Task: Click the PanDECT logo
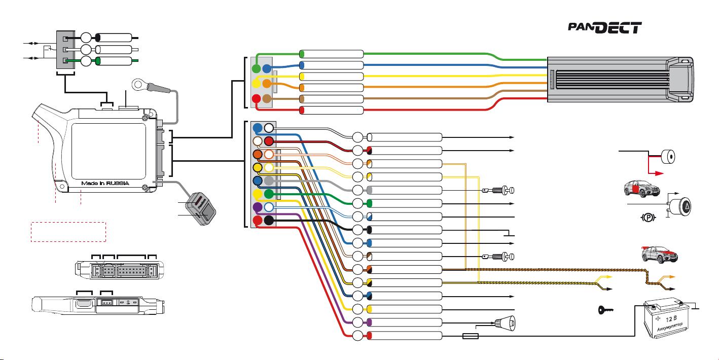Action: [x=605, y=27]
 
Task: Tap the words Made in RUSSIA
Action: [x=105, y=183]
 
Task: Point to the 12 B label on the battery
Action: [x=671, y=319]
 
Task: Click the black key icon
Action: [x=606, y=310]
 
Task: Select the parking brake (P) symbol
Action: [x=648, y=218]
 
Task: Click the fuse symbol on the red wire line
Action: [x=471, y=336]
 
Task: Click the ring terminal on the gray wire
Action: [x=138, y=84]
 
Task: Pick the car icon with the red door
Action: [x=641, y=189]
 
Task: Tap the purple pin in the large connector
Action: [x=258, y=207]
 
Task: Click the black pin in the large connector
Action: [x=269, y=220]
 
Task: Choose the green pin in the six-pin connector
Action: [x=256, y=68]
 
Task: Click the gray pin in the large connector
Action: [x=269, y=181]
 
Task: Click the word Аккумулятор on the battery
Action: [x=672, y=327]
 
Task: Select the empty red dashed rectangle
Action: [x=68, y=232]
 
